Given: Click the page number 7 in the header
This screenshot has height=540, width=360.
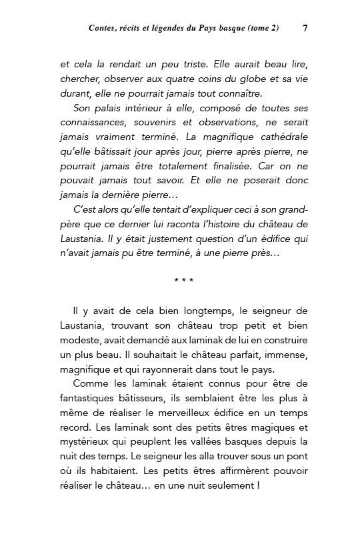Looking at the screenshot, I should point(304,29).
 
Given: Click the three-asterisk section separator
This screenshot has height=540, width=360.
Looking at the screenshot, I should point(183,281).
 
